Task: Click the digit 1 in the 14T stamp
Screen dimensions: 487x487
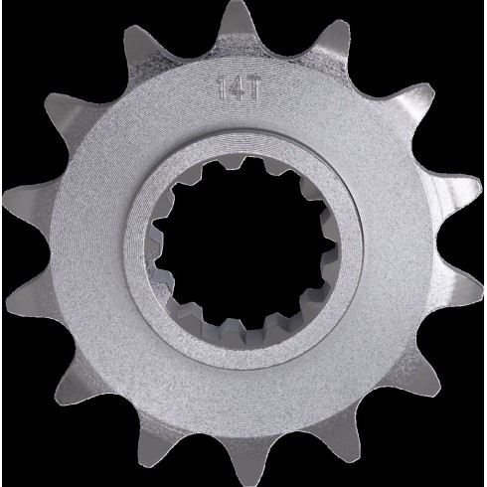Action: tap(222, 88)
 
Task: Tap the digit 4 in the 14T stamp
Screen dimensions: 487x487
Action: tap(236, 88)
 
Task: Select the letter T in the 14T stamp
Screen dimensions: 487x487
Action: tap(251, 87)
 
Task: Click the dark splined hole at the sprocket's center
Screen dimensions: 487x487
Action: tap(243, 246)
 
